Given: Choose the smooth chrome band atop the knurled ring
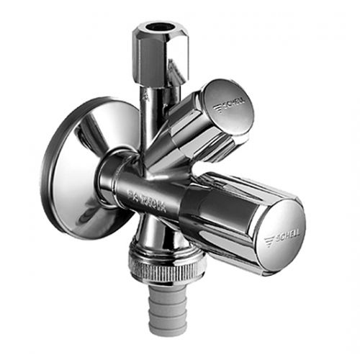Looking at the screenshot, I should (x=167, y=255).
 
